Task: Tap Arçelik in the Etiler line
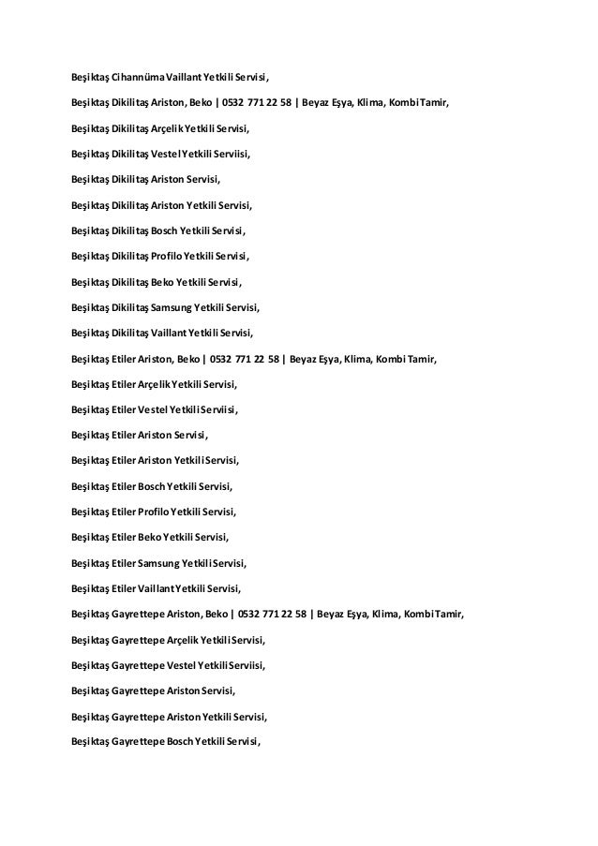click(x=149, y=383)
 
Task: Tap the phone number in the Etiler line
click(x=248, y=358)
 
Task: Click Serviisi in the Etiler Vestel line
click(x=217, y=409)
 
